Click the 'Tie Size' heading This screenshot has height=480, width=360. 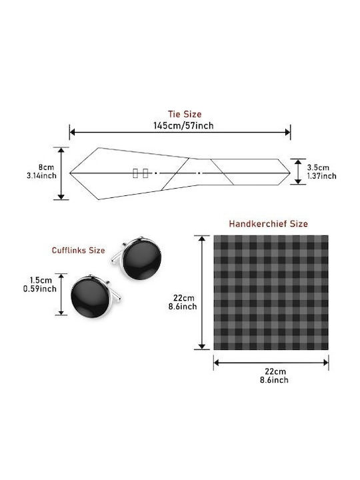click(x=185, y=114)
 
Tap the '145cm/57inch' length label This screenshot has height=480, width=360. click(x=183, y=125)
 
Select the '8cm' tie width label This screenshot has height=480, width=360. click(x=46, y=167)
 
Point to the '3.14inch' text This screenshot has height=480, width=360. click(x=41, y=175)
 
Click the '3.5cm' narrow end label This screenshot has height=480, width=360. click(x=319, y=167)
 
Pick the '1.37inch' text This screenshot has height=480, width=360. click(x=322, y=176)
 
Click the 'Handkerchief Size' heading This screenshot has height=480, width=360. click(x=268, y=224)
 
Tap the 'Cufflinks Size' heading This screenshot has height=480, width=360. click(x=79, y=251)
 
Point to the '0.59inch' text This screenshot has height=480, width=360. click(x=40, y=289)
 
